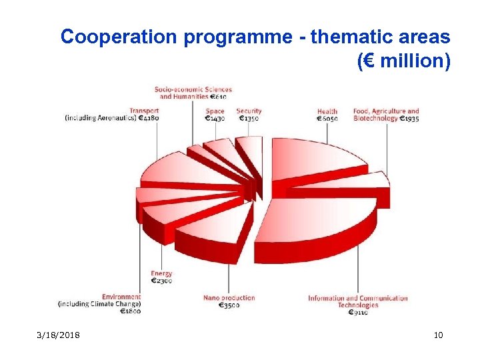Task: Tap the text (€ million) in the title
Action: (404, 61)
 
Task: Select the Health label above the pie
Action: (327, 111)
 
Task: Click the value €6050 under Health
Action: (327, 119)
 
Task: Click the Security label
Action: (249, 111)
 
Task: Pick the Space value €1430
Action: (215, 119)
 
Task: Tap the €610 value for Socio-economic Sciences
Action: (217, 97)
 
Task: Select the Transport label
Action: (144, 111)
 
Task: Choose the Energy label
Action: (161, 273)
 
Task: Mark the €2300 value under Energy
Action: (161, 281)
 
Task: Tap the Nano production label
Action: (229, 298)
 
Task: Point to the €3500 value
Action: (230, 305)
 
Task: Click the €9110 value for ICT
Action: (358, 313)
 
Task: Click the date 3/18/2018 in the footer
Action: (58, 335)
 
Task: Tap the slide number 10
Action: (438, 335)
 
